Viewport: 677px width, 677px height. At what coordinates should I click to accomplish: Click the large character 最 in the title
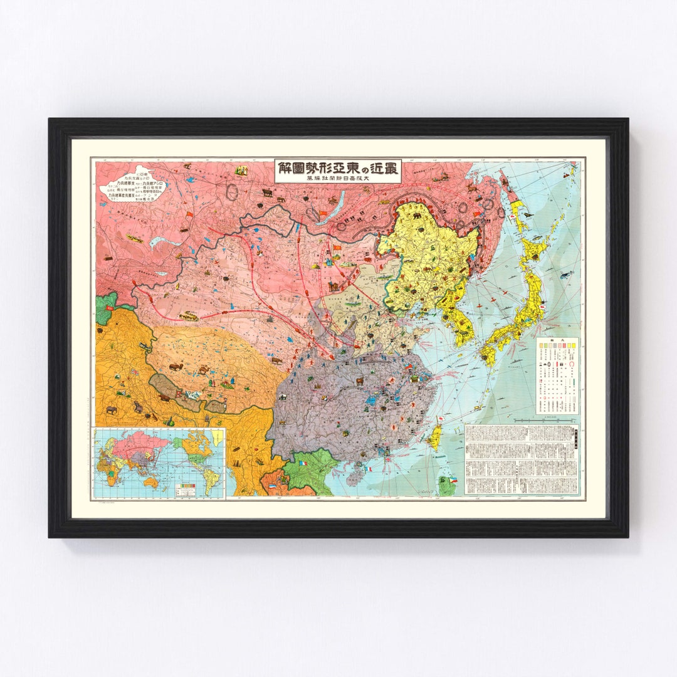[391, 168]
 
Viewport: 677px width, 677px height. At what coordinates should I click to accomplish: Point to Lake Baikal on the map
[328, 207]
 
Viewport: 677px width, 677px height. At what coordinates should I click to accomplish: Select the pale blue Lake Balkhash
[164, 242]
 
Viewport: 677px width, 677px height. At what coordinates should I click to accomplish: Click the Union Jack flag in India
[134, 372]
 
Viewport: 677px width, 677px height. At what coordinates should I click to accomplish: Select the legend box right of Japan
[557, 376]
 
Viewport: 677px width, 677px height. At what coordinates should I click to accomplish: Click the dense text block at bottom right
[522, 459]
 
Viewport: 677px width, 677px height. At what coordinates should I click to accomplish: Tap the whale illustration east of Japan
[566, 275]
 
